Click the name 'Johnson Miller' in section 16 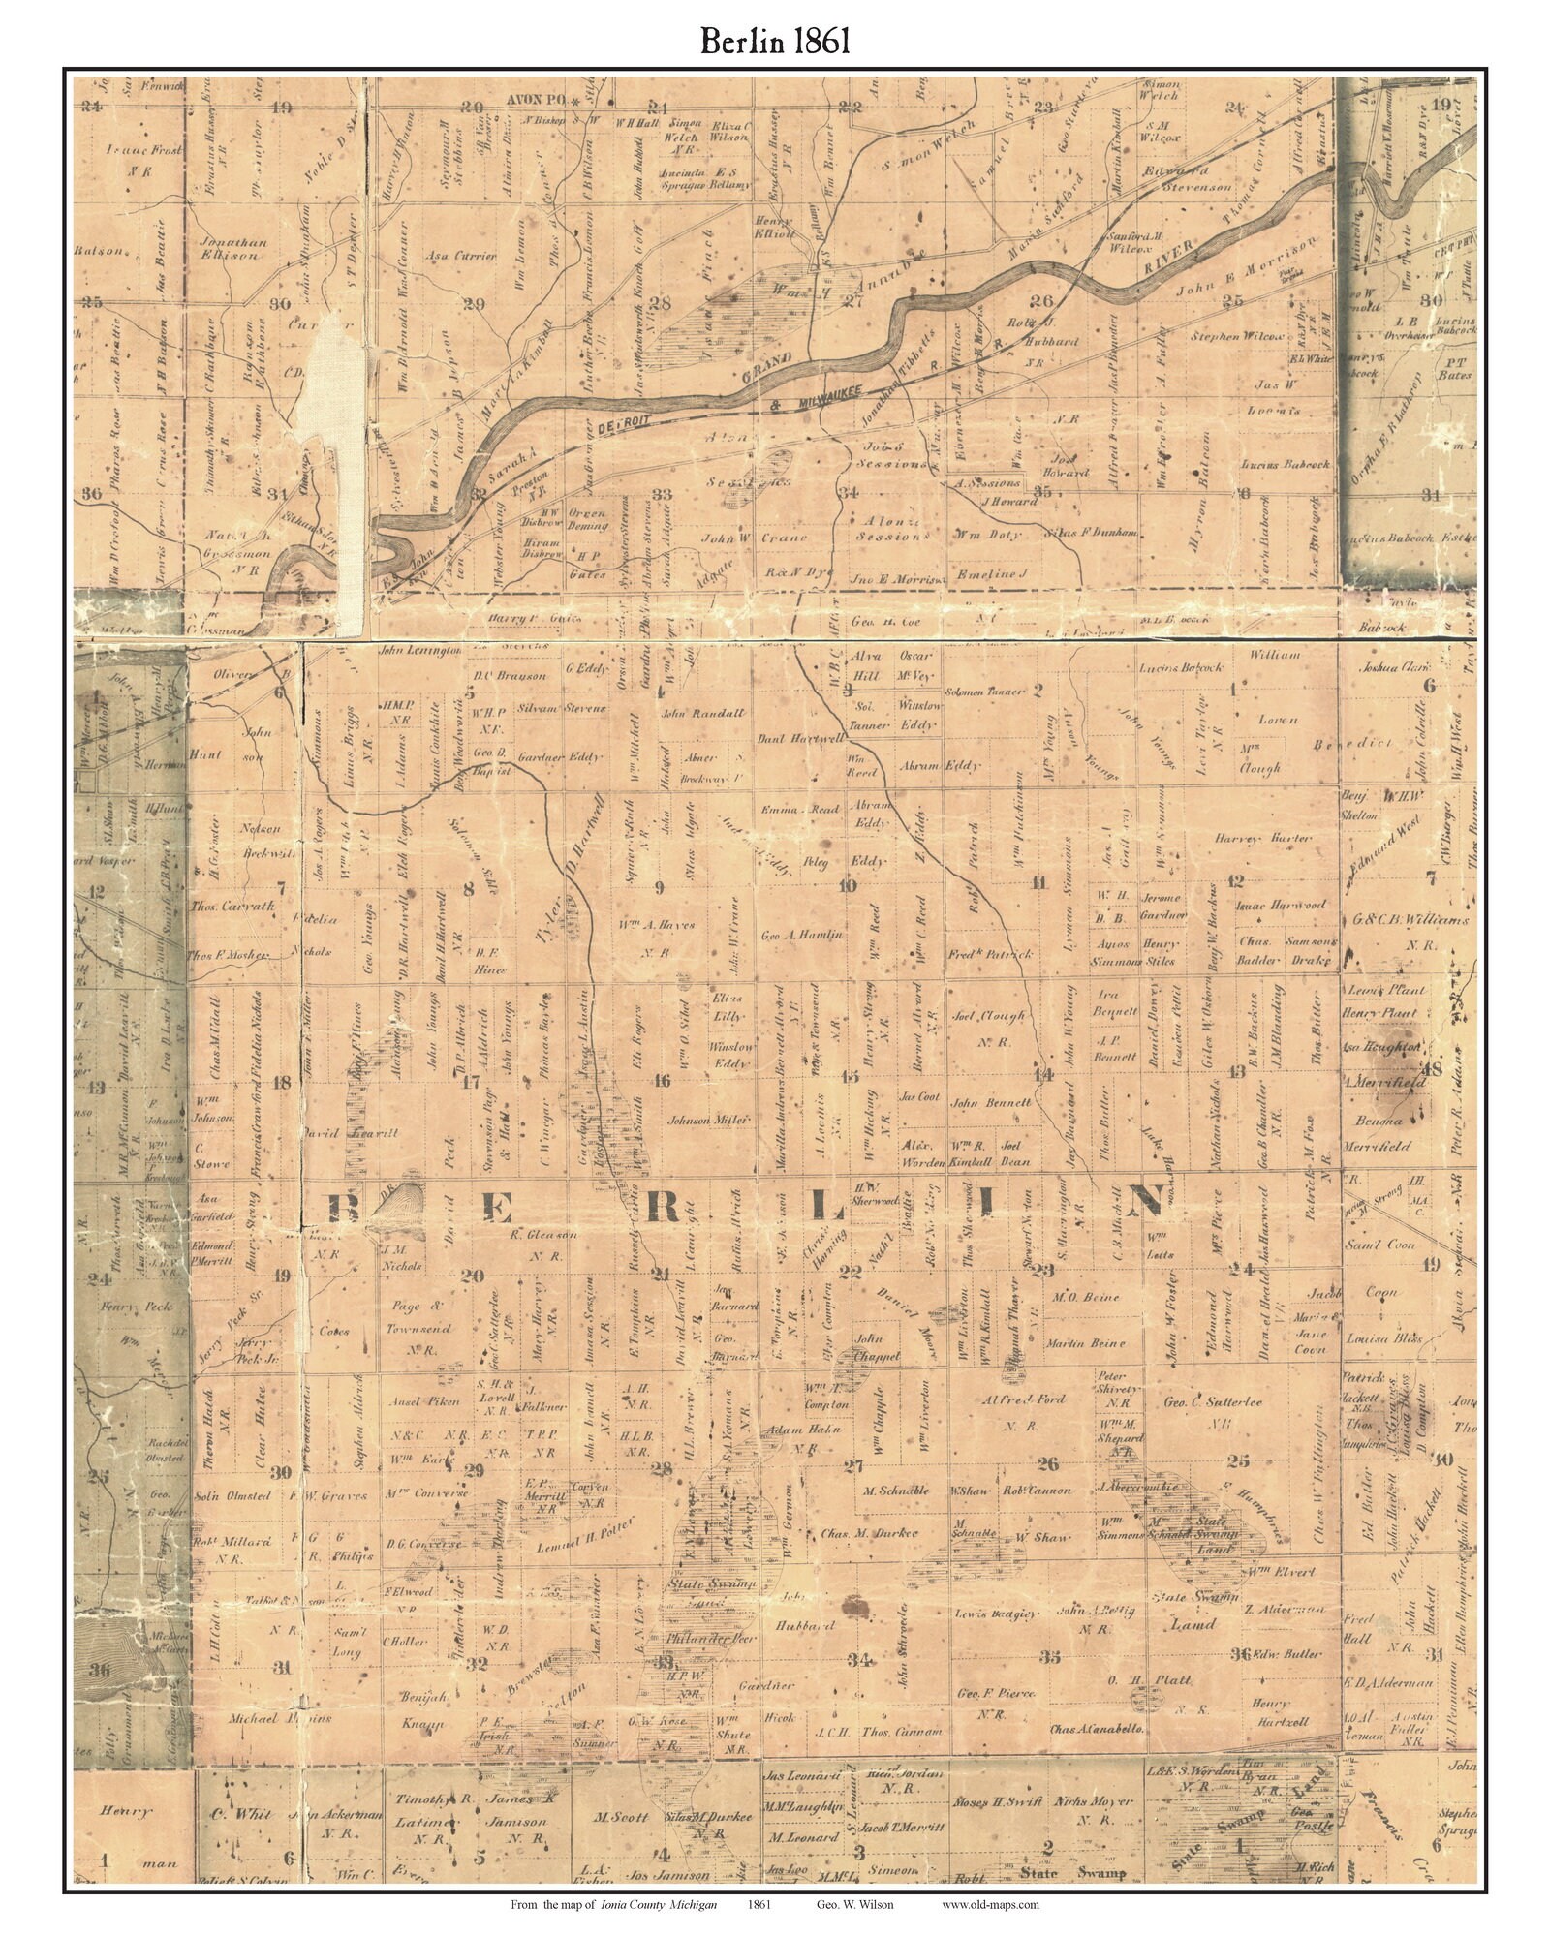point(708,1120)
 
